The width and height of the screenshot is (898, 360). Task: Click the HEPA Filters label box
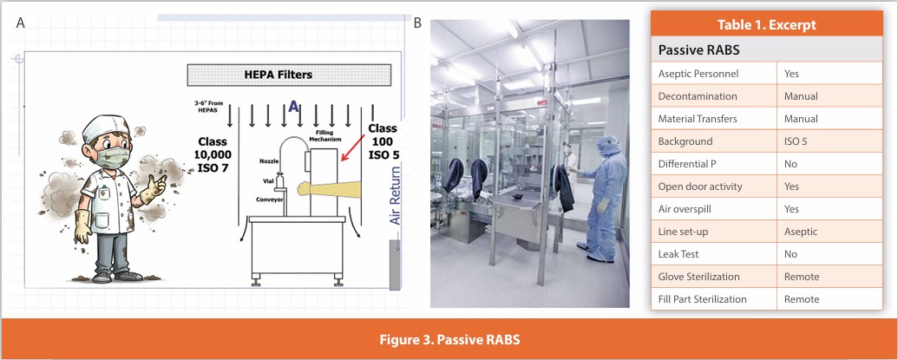(289, 75)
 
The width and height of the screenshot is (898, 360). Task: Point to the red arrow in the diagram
(353, 147)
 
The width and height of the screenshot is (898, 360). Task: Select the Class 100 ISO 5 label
(383, 141)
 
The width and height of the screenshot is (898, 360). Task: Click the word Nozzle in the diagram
(270, 161)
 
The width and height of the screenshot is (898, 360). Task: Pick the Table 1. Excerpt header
(766, 25)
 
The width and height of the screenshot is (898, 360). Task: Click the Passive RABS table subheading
(698, 49)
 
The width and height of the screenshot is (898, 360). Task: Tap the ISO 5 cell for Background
(796, 141)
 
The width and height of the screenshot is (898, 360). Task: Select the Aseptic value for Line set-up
(801, 232)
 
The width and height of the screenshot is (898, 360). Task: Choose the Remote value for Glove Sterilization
(802, 277)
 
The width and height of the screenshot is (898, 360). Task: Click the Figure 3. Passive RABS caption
(449, 339)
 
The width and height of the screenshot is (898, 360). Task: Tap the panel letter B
(417, 23)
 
